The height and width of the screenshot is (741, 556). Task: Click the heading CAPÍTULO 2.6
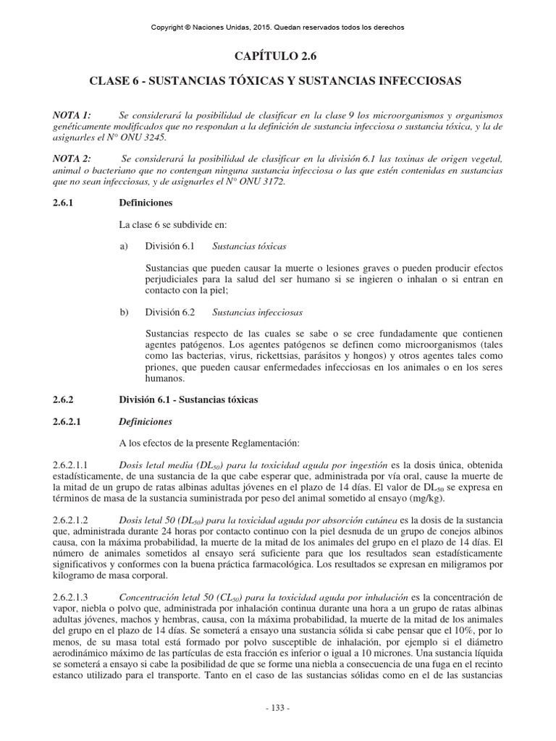click(x=277, y=56)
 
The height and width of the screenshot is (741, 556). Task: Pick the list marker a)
click(x=124, y=246)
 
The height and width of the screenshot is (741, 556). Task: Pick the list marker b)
click(x=124, y=313)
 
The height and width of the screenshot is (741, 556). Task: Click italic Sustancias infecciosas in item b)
click(x=257, y=313)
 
